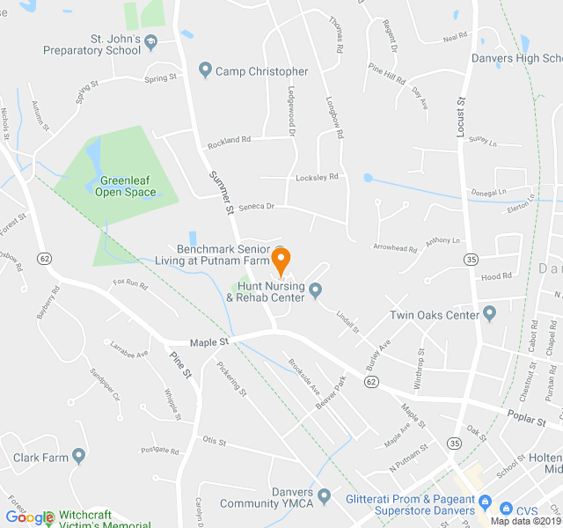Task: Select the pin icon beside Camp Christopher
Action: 205,70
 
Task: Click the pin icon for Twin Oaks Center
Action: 490,314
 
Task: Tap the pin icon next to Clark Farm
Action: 79,457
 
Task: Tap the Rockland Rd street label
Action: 229,140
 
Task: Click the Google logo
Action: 29,518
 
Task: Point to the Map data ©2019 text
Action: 524,521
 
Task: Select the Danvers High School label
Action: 527,58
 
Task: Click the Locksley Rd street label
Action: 317,177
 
